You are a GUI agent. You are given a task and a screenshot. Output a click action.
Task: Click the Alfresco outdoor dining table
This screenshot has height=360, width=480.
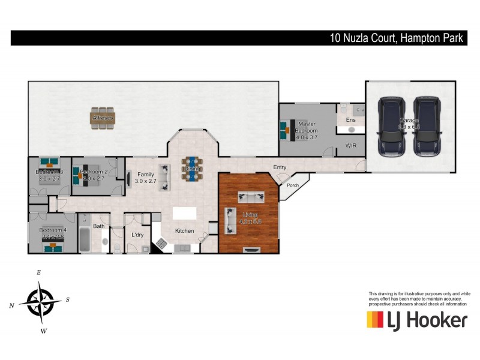pos(103,118)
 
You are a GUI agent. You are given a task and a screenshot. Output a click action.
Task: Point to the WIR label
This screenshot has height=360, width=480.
pos(351,146)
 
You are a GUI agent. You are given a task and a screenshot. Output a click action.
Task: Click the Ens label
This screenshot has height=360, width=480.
pos(351,120)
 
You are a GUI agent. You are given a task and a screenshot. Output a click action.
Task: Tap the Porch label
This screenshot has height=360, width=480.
pos(293,185)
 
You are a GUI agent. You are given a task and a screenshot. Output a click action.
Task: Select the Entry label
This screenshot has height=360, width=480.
pos(280,167)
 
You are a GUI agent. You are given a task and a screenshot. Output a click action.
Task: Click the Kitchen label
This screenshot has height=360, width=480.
pos(184,230)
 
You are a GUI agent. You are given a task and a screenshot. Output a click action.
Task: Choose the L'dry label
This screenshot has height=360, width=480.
pos(137,235)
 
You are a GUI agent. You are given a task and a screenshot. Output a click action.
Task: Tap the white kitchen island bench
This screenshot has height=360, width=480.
pos(184,213)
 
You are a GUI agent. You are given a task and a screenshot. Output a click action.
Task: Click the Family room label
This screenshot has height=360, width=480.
pos(145,178)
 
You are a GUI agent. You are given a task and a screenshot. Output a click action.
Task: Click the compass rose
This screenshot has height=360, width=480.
pos(41,301)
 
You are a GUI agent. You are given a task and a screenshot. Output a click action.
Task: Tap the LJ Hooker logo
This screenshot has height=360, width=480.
pos(416,320)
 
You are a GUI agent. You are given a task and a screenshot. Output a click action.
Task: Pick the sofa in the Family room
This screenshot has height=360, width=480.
pos(164,178)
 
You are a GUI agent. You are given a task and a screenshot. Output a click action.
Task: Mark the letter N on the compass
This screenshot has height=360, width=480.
pos(11,306)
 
